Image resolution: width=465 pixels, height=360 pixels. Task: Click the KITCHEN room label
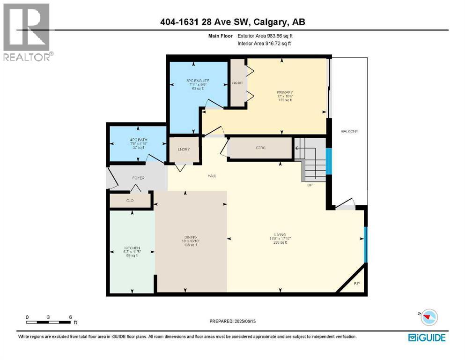[132, 247]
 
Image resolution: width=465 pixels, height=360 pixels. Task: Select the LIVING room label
[280, 234]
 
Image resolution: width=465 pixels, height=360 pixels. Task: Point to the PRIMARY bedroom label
[284, 92]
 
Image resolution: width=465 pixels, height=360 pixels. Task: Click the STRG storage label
[260, 149]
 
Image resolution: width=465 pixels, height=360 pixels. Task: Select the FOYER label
[138, 178]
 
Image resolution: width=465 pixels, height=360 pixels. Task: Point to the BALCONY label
[349, 131]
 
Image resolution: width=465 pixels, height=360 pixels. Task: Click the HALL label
[212, 176]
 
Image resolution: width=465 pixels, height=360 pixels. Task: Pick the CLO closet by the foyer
[130, 200]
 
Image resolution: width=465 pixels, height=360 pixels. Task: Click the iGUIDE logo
[427, 337]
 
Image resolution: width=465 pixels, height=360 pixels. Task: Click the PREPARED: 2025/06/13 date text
[234, 321]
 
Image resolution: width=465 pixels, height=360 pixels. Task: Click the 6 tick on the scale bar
[70, 317]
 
